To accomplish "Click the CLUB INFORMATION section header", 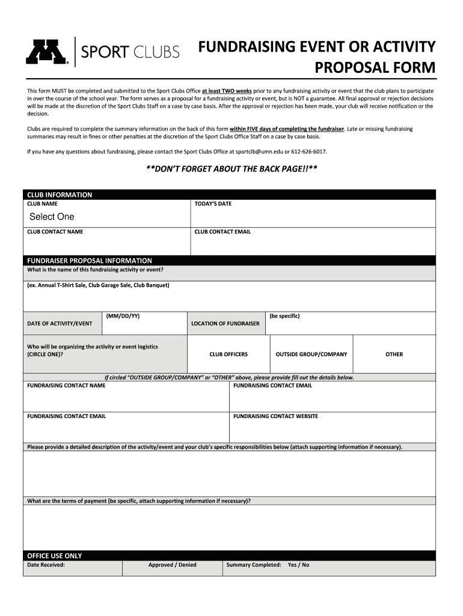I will (60, 195).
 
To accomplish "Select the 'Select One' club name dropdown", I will (52, 217).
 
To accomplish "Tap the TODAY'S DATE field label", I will (213, 204).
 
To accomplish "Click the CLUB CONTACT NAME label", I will (55, 232).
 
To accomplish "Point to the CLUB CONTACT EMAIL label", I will (222, 232).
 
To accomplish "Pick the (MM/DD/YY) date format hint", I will (123, 316).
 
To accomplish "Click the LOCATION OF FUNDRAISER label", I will (225, 324).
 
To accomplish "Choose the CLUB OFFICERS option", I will (228, 354).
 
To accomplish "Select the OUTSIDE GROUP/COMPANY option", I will (311, 354).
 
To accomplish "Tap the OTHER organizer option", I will (394, 354).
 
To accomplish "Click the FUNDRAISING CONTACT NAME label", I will (67, 386).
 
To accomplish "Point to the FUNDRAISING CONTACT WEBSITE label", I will (276, 416).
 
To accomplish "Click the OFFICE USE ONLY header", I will (55, 556).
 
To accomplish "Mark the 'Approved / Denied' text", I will (173, 565).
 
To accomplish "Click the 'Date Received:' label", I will (46, 565).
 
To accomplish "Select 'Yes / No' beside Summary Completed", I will (299, 565).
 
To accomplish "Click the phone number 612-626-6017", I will (309, 152).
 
